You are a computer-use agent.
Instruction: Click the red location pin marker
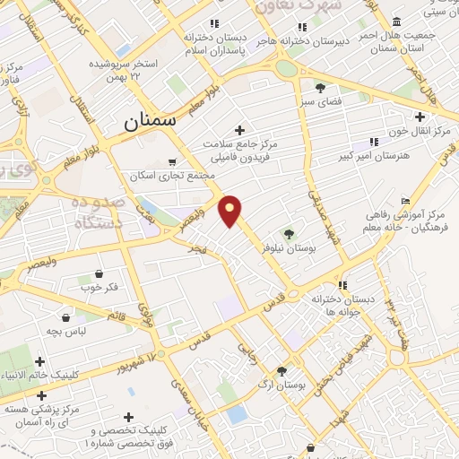(230, 209)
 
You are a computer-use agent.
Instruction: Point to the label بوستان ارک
(281, 384)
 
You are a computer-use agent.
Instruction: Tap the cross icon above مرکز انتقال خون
(420, 116)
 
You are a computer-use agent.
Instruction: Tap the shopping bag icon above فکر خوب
(99, 273)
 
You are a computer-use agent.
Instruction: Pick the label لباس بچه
(66, 331)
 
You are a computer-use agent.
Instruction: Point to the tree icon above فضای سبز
(320, 87)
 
